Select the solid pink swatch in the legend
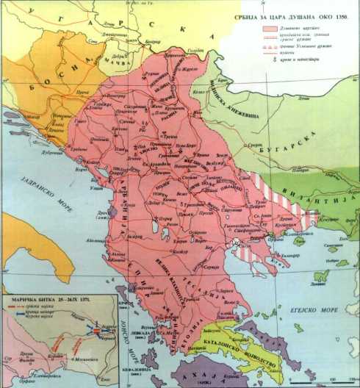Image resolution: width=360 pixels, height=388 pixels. (x=271, y=26)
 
